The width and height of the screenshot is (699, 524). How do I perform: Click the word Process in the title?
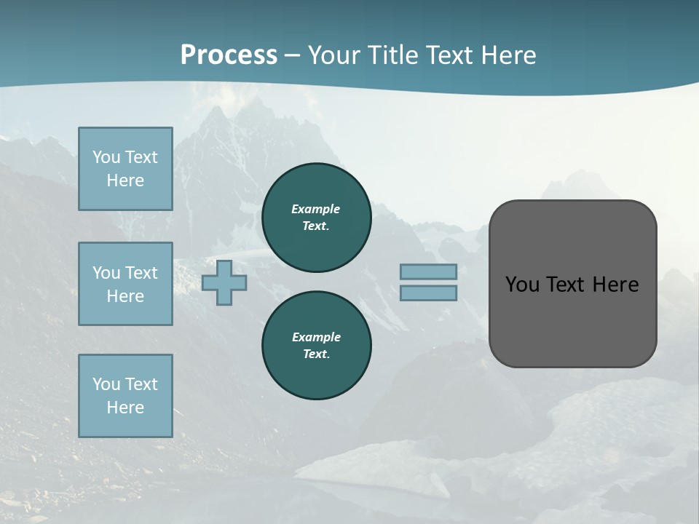(x=229, y=55)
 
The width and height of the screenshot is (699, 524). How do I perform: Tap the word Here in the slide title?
(x=507, y=55)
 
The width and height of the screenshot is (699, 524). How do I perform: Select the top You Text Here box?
(x=125, y=169)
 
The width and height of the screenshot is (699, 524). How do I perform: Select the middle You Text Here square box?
(x=125, y=284)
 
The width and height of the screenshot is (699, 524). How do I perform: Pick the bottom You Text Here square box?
(x=125, y=396)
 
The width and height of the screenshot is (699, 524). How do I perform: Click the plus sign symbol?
(x=224, y=282)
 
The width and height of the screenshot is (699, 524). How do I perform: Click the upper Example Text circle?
(x=316, y=217)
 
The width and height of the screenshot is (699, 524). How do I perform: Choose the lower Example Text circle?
(x=316, y=345)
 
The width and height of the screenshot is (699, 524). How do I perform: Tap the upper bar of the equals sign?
(x=428, y=272)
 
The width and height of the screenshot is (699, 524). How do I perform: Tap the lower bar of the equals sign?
(x=428, y=293)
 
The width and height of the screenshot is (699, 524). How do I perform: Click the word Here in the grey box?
(x=615, y=285)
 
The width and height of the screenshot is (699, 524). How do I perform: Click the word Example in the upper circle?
(x=316, y=209)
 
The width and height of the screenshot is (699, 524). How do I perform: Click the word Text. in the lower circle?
(x=316, y=354)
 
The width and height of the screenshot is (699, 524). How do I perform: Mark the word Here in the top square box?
(x=125, y=180)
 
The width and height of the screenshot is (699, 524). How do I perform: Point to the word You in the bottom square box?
(x=106, y=384)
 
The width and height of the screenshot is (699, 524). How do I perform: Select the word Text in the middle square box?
(x=141, y=273)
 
